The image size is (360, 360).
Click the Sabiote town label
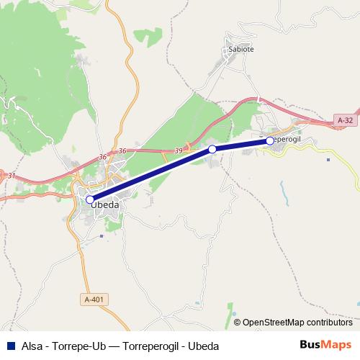240,50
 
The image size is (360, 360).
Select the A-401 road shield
92,299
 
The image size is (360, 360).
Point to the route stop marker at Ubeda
90,199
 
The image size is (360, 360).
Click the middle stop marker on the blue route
212,149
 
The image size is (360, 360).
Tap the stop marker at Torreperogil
270,141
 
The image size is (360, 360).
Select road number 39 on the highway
178,150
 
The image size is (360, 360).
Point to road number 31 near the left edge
10,174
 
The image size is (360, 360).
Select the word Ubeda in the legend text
204,345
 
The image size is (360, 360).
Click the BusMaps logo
326,344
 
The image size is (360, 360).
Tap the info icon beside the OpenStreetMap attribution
237,322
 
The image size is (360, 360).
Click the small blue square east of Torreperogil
328,160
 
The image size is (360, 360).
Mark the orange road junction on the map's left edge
3,176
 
